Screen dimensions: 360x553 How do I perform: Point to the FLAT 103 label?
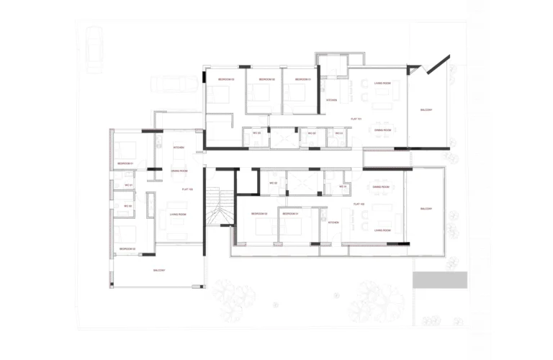coord(186,189)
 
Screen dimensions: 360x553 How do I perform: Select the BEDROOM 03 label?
coord(227,78)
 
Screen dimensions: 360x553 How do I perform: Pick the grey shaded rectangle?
coord(439,280)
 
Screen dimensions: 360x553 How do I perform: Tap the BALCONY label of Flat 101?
coord(426,109)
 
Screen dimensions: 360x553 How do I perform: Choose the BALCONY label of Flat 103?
coord(159,270)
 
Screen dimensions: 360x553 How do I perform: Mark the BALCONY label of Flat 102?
coord(426,209)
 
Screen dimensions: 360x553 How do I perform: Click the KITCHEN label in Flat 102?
coord(333,222)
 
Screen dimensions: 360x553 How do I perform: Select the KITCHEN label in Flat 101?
coord(331,100)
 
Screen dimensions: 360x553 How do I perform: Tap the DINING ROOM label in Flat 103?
coord(179,171)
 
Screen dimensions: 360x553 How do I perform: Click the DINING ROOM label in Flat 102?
coord(381,186)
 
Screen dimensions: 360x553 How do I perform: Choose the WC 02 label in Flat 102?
coord(274,183)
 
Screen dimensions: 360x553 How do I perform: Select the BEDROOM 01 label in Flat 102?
coord(290,214)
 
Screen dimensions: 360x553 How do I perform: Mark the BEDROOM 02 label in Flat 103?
coord(128,248)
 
